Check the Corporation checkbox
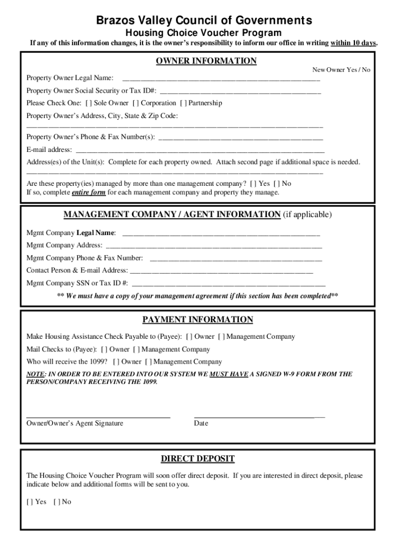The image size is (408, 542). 135,103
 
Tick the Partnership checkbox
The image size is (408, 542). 183,103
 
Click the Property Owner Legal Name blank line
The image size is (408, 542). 221,79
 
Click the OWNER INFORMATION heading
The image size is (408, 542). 206,61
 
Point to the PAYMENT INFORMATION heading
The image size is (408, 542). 198,320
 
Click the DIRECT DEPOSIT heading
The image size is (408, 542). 198,458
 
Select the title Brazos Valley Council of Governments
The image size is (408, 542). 204,21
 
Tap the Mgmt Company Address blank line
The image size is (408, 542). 214,246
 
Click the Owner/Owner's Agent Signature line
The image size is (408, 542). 98,417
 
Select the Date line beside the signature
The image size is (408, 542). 260,417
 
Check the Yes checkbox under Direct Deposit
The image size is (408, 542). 29,502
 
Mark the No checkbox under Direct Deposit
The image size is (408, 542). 56,502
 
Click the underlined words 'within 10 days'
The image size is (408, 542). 353,43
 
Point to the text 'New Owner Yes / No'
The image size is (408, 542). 341,70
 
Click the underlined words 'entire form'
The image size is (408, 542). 88,192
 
